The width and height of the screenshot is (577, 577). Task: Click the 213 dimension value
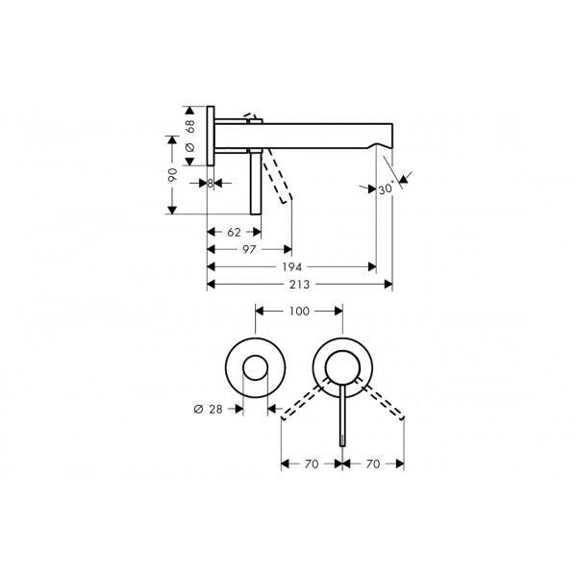[299, 285]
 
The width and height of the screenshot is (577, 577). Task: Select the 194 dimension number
[291, 266]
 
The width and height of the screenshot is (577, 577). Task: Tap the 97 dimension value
[249, 249]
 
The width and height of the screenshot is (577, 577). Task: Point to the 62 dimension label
[234, 232]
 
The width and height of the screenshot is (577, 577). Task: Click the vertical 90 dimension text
[172, 174]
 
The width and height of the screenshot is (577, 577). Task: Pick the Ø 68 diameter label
[189, 136]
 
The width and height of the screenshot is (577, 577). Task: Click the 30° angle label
[386, 188]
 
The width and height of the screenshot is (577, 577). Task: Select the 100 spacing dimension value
[299, 312]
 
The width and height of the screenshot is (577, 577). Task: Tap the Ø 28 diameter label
[208, 409]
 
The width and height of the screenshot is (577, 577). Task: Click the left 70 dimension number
[312, 464]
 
